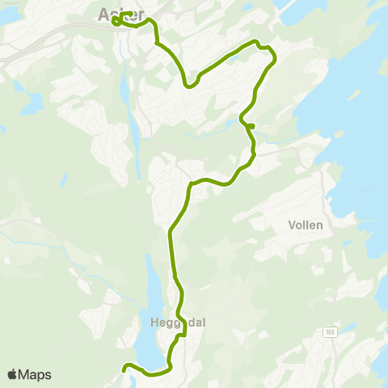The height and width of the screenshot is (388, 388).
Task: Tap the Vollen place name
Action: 305,227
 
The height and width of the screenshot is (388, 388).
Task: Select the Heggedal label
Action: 178,322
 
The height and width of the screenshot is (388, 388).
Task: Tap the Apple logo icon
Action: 13,374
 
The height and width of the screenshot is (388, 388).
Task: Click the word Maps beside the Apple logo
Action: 35,374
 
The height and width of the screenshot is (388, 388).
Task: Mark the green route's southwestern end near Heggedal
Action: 124,369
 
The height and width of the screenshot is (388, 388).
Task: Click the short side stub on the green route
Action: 251,125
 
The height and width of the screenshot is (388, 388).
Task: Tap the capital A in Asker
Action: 103,14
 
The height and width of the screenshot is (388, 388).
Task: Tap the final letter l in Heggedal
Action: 204,322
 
